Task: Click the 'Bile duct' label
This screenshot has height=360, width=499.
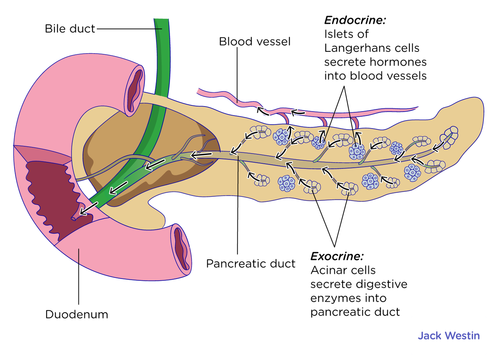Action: pyautogui.click(x=70, y=29)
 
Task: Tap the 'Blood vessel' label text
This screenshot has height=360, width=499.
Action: pyautogui.click(x=255, y=42)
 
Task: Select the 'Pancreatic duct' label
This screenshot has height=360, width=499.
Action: pyautogui.click(x=251, y=264)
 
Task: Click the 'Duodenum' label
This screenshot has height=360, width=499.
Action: pyautogui.click(x=77, y=314)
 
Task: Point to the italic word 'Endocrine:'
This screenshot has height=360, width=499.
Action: pyautogui.click(x=355, y=20)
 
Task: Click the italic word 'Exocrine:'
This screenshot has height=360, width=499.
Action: pyautogui.click(x=337, y=256)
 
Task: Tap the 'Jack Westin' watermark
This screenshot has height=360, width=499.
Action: pyautogui.click(x=449, y=336)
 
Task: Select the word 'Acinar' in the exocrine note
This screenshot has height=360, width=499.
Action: pyautogui.click(x=327, y=270)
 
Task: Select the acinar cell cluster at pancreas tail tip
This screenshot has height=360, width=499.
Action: pyautogui.click(x=450, y=135)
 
